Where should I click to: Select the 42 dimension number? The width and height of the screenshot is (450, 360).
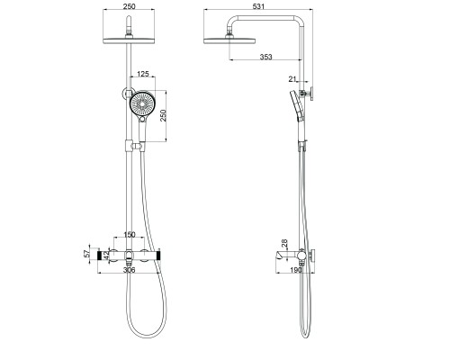pyautogui.click(x=105, y=256)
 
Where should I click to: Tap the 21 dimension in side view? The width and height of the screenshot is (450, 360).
pyautogui.click(x=292, y=80)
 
